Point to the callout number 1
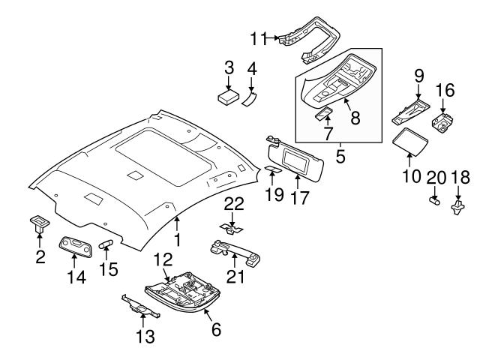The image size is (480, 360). coord(178,241)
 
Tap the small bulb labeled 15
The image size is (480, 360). coord(105,243)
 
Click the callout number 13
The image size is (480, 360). coord(145,337)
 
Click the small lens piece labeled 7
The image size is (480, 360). coord(325,113)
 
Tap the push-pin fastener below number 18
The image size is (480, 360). coord(457,206)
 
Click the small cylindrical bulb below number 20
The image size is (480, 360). coord(433,201)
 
